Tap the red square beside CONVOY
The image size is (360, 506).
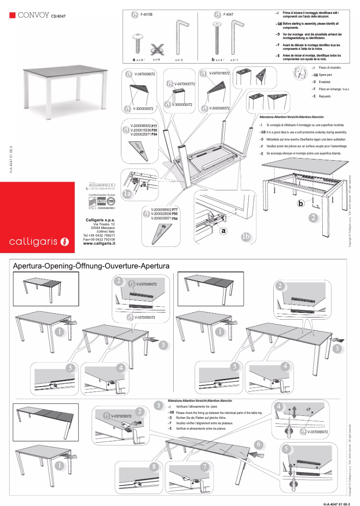pos(13,15)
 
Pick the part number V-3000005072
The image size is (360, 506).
pos(182,105)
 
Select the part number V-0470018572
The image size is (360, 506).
pos(220,73)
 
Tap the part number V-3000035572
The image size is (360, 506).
pos(143,109)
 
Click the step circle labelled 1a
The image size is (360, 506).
pos(127,194)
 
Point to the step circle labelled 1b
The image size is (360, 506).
pos(246,237)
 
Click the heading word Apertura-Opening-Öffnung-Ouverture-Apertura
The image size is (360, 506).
pos(92,266)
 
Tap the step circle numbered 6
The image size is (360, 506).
pos(258,444)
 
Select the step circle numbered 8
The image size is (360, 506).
pos(154,467)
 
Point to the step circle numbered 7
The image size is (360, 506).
pos(204,467)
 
